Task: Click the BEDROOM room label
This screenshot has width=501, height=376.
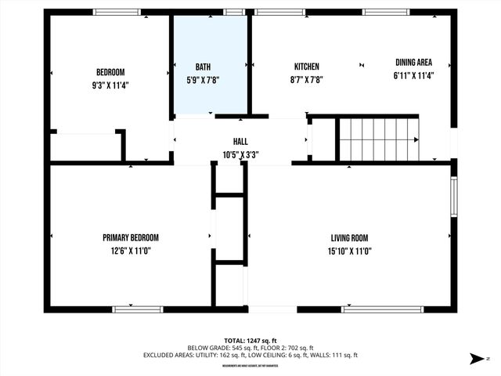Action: pyautogui.click(x=110, y=72)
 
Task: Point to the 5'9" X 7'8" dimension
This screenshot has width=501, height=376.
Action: pyautogui.click(x=203, y=79)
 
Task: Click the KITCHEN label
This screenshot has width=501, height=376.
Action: pyautogui.click(x=306, y=67)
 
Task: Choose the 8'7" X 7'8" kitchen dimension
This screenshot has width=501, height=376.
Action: pyautogui.click(x=306, y=78)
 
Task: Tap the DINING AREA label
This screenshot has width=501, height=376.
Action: pyautogui.click(x=413, y=63)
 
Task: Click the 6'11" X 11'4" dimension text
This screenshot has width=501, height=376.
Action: pyautogui.click(x=413, y=76)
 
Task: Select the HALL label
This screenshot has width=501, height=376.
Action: pyautogui.click(x=240, y=142)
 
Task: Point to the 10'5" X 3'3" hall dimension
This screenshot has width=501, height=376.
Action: pyautogui.click(x=240, y=154)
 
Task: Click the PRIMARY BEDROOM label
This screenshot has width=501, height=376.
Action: pyautogui.click(x=131, y=238)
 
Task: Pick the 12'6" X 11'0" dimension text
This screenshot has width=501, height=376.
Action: pyautogui.click(x=131, y=251)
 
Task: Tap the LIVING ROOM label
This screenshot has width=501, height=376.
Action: pyautogui.click(x=349, y=238)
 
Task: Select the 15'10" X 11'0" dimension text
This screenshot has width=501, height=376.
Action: pyautogui.click(x=349, y=251)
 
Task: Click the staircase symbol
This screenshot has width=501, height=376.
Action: pyautogui.click(x=379, y=139)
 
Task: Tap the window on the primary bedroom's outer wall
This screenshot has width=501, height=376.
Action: pyautogui.click(x=138, y=309)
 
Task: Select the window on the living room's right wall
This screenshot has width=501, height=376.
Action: pyautogui.click(x=453, y=197)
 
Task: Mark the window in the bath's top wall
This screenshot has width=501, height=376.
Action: pyautogui.click(x=234, y=13)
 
